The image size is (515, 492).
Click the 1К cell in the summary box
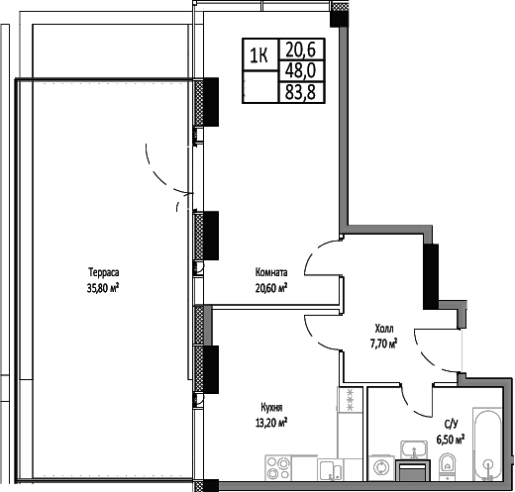[259, 54]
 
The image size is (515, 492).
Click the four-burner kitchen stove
[278, 467]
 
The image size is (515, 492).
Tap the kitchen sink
[329, 468]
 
